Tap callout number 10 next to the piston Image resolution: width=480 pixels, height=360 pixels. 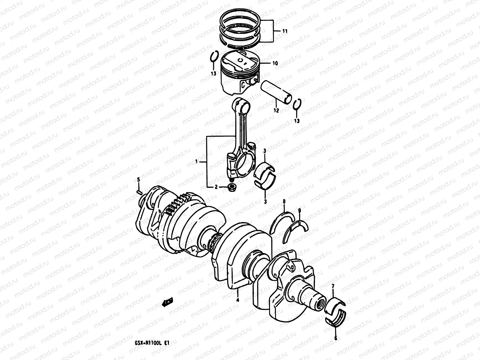pyautogui.click(x=275, y=63)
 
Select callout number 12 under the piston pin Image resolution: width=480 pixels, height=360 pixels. pyautogui.click(x=276, y=110)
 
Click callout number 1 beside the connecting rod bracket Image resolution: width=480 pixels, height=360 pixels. pyautogui.click(x=196, y=161)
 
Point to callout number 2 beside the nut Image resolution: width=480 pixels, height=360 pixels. pyautogui.click(x=216, y=187)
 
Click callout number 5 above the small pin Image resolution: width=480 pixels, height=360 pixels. pyautogui.click(x=139, y=180)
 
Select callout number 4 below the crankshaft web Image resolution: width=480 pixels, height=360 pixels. pyautogui.click(x=238, y=300)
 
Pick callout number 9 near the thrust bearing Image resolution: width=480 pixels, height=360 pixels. pyautogui.click(x=299, y=210)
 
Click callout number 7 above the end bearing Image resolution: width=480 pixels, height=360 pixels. pyautogui.click(x=332, y=288)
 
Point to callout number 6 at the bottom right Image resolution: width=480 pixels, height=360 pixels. pyautogui.click(x=335, y=338)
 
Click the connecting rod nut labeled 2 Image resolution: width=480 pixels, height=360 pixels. pyautogui.click(x=232, y=188)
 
